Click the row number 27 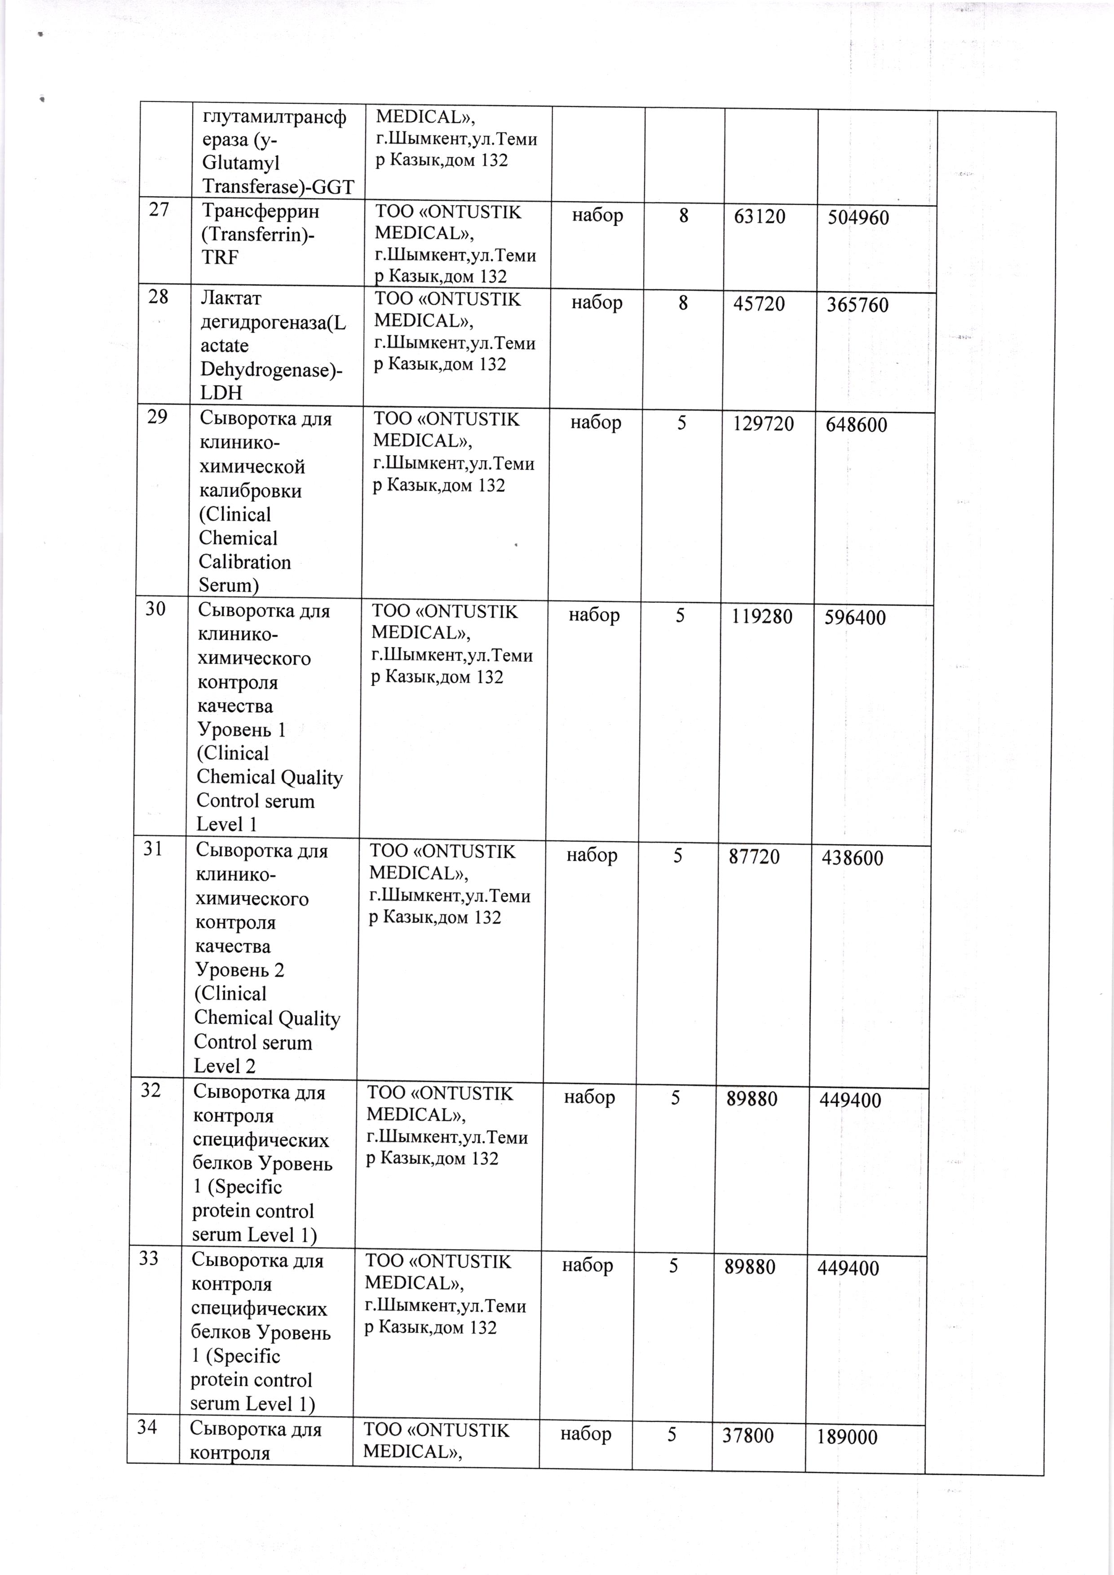click(159, 210)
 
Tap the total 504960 click(858, 218)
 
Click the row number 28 click(159, 297)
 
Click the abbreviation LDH click(221, 393)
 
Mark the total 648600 click(856, 424)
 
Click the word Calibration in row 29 click(245, 562)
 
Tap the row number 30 click(156, 609)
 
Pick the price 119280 click(761, 616)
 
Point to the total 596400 click(855, 618)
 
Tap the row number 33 click(150, 1258)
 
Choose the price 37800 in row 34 click(748, 1435)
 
